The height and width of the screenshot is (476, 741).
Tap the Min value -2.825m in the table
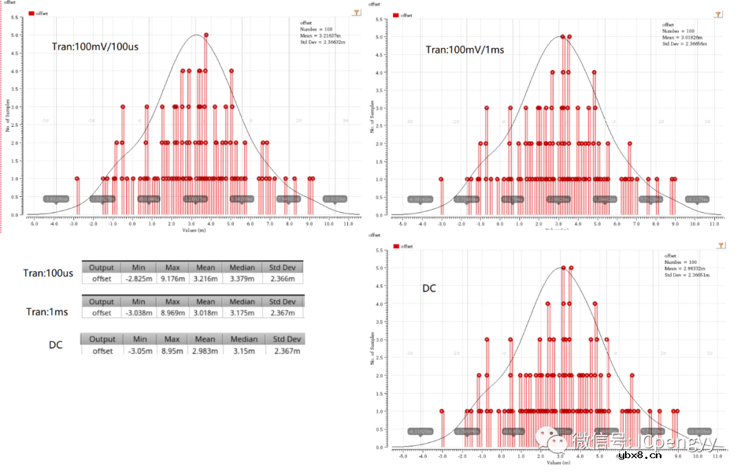139,278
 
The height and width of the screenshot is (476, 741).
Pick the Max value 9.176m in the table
172,278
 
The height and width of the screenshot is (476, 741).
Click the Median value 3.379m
242,278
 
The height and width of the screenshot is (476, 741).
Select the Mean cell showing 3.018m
205,313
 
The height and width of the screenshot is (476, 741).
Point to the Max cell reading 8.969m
172,313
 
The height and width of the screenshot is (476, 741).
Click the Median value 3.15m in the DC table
244,350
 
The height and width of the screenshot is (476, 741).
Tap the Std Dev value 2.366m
283,278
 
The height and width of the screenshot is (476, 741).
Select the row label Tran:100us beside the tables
48,272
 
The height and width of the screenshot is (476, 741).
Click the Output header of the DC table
102,339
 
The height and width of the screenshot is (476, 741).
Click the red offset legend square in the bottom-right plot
395,245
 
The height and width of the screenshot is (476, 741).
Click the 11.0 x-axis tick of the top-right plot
715,224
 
